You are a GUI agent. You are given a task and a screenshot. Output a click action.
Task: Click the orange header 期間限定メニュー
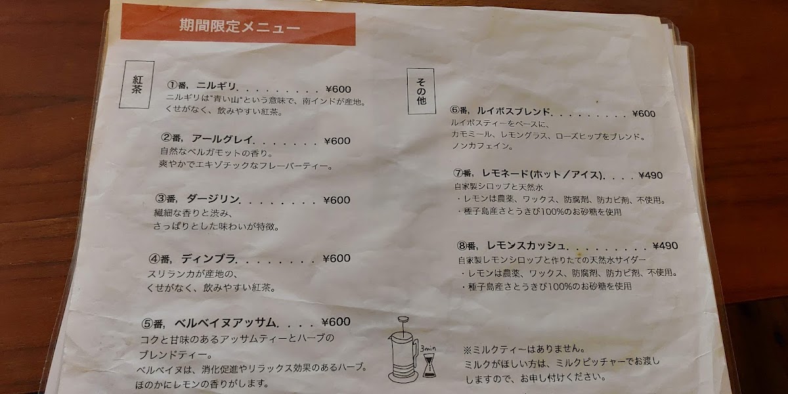point(239,28)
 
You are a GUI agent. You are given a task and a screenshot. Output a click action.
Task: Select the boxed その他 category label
point(421,91)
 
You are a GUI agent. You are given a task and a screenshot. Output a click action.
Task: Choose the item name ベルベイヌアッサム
point(229,322)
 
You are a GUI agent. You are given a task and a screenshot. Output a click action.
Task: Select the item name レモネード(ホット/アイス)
point(542,175)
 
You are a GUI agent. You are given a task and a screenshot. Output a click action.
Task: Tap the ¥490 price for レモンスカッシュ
point(665,246)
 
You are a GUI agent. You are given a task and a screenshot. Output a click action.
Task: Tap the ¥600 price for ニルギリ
point(338,89)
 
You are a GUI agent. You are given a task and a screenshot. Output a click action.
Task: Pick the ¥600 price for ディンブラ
point(338,258)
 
